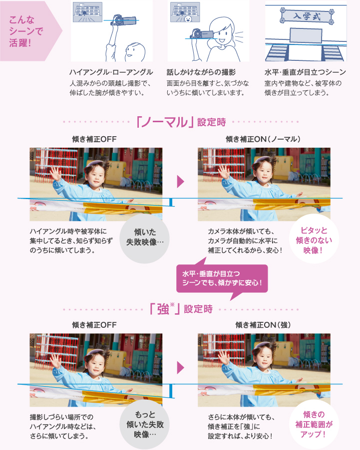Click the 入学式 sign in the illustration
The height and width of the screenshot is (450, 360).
(307, 16)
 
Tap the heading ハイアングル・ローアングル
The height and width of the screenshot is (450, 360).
(111, 72)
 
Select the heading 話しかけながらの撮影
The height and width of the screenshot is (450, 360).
(201, 72)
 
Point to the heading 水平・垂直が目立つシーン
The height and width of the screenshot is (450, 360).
(305, 72)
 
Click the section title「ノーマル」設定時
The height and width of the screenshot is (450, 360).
(181, 122)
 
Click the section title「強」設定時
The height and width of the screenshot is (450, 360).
(181, 309)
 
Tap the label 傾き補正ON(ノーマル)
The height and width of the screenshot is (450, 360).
(263, 139)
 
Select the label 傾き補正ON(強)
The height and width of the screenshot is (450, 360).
(263, 325)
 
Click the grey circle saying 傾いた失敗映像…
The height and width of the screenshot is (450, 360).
(144, 238)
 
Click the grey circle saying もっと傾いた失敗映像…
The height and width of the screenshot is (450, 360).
(144, 424)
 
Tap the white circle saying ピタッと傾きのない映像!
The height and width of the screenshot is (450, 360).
(314, 239)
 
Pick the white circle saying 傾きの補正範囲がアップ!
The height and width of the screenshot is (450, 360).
(314, 425)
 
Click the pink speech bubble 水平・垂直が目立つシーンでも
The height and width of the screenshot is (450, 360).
(222, 278)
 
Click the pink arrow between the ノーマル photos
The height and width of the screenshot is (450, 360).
(180, 182)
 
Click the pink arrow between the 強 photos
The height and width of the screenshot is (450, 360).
(180, 368)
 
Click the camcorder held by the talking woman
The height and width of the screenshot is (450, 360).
(202, 33)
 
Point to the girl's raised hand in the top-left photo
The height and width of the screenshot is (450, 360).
(55, 173)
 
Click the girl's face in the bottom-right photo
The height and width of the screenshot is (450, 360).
(264, 358)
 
